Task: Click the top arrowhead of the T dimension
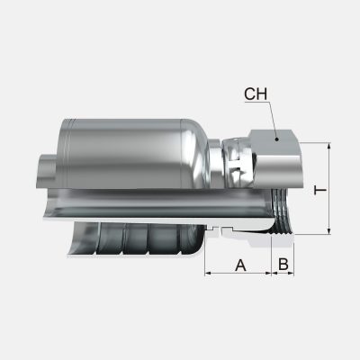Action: (x=331, y=146)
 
